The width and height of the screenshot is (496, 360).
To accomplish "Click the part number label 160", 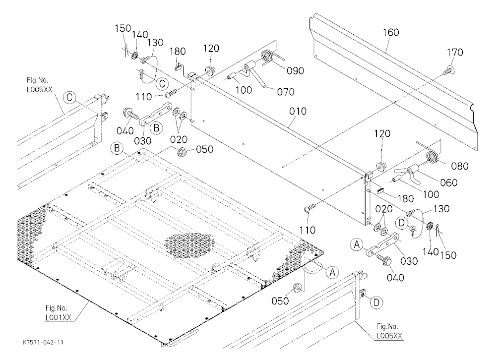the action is tap(391, 32).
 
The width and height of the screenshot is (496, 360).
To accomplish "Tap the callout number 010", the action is tap(298, 111).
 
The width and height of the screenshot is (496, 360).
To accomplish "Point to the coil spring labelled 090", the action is tap(268, 57).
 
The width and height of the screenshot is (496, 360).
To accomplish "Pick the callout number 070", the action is tap(285, 92).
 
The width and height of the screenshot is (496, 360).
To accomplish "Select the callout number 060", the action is tap(448, 182).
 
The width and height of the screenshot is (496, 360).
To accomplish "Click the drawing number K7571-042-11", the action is tap(43, 343).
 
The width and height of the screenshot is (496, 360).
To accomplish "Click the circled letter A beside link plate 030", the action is tap(357, 244).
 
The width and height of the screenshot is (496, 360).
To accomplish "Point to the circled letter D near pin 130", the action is tap(401, 223).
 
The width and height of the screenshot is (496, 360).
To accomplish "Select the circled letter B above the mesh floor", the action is tap(117, 148).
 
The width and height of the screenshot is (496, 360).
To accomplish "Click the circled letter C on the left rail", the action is tap(69, 97).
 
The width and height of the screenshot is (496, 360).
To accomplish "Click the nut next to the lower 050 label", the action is tap(297, 288).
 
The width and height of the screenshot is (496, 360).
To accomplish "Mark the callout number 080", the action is tap(459, 166).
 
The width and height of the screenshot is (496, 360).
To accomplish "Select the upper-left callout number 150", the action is tap(123, 28).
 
